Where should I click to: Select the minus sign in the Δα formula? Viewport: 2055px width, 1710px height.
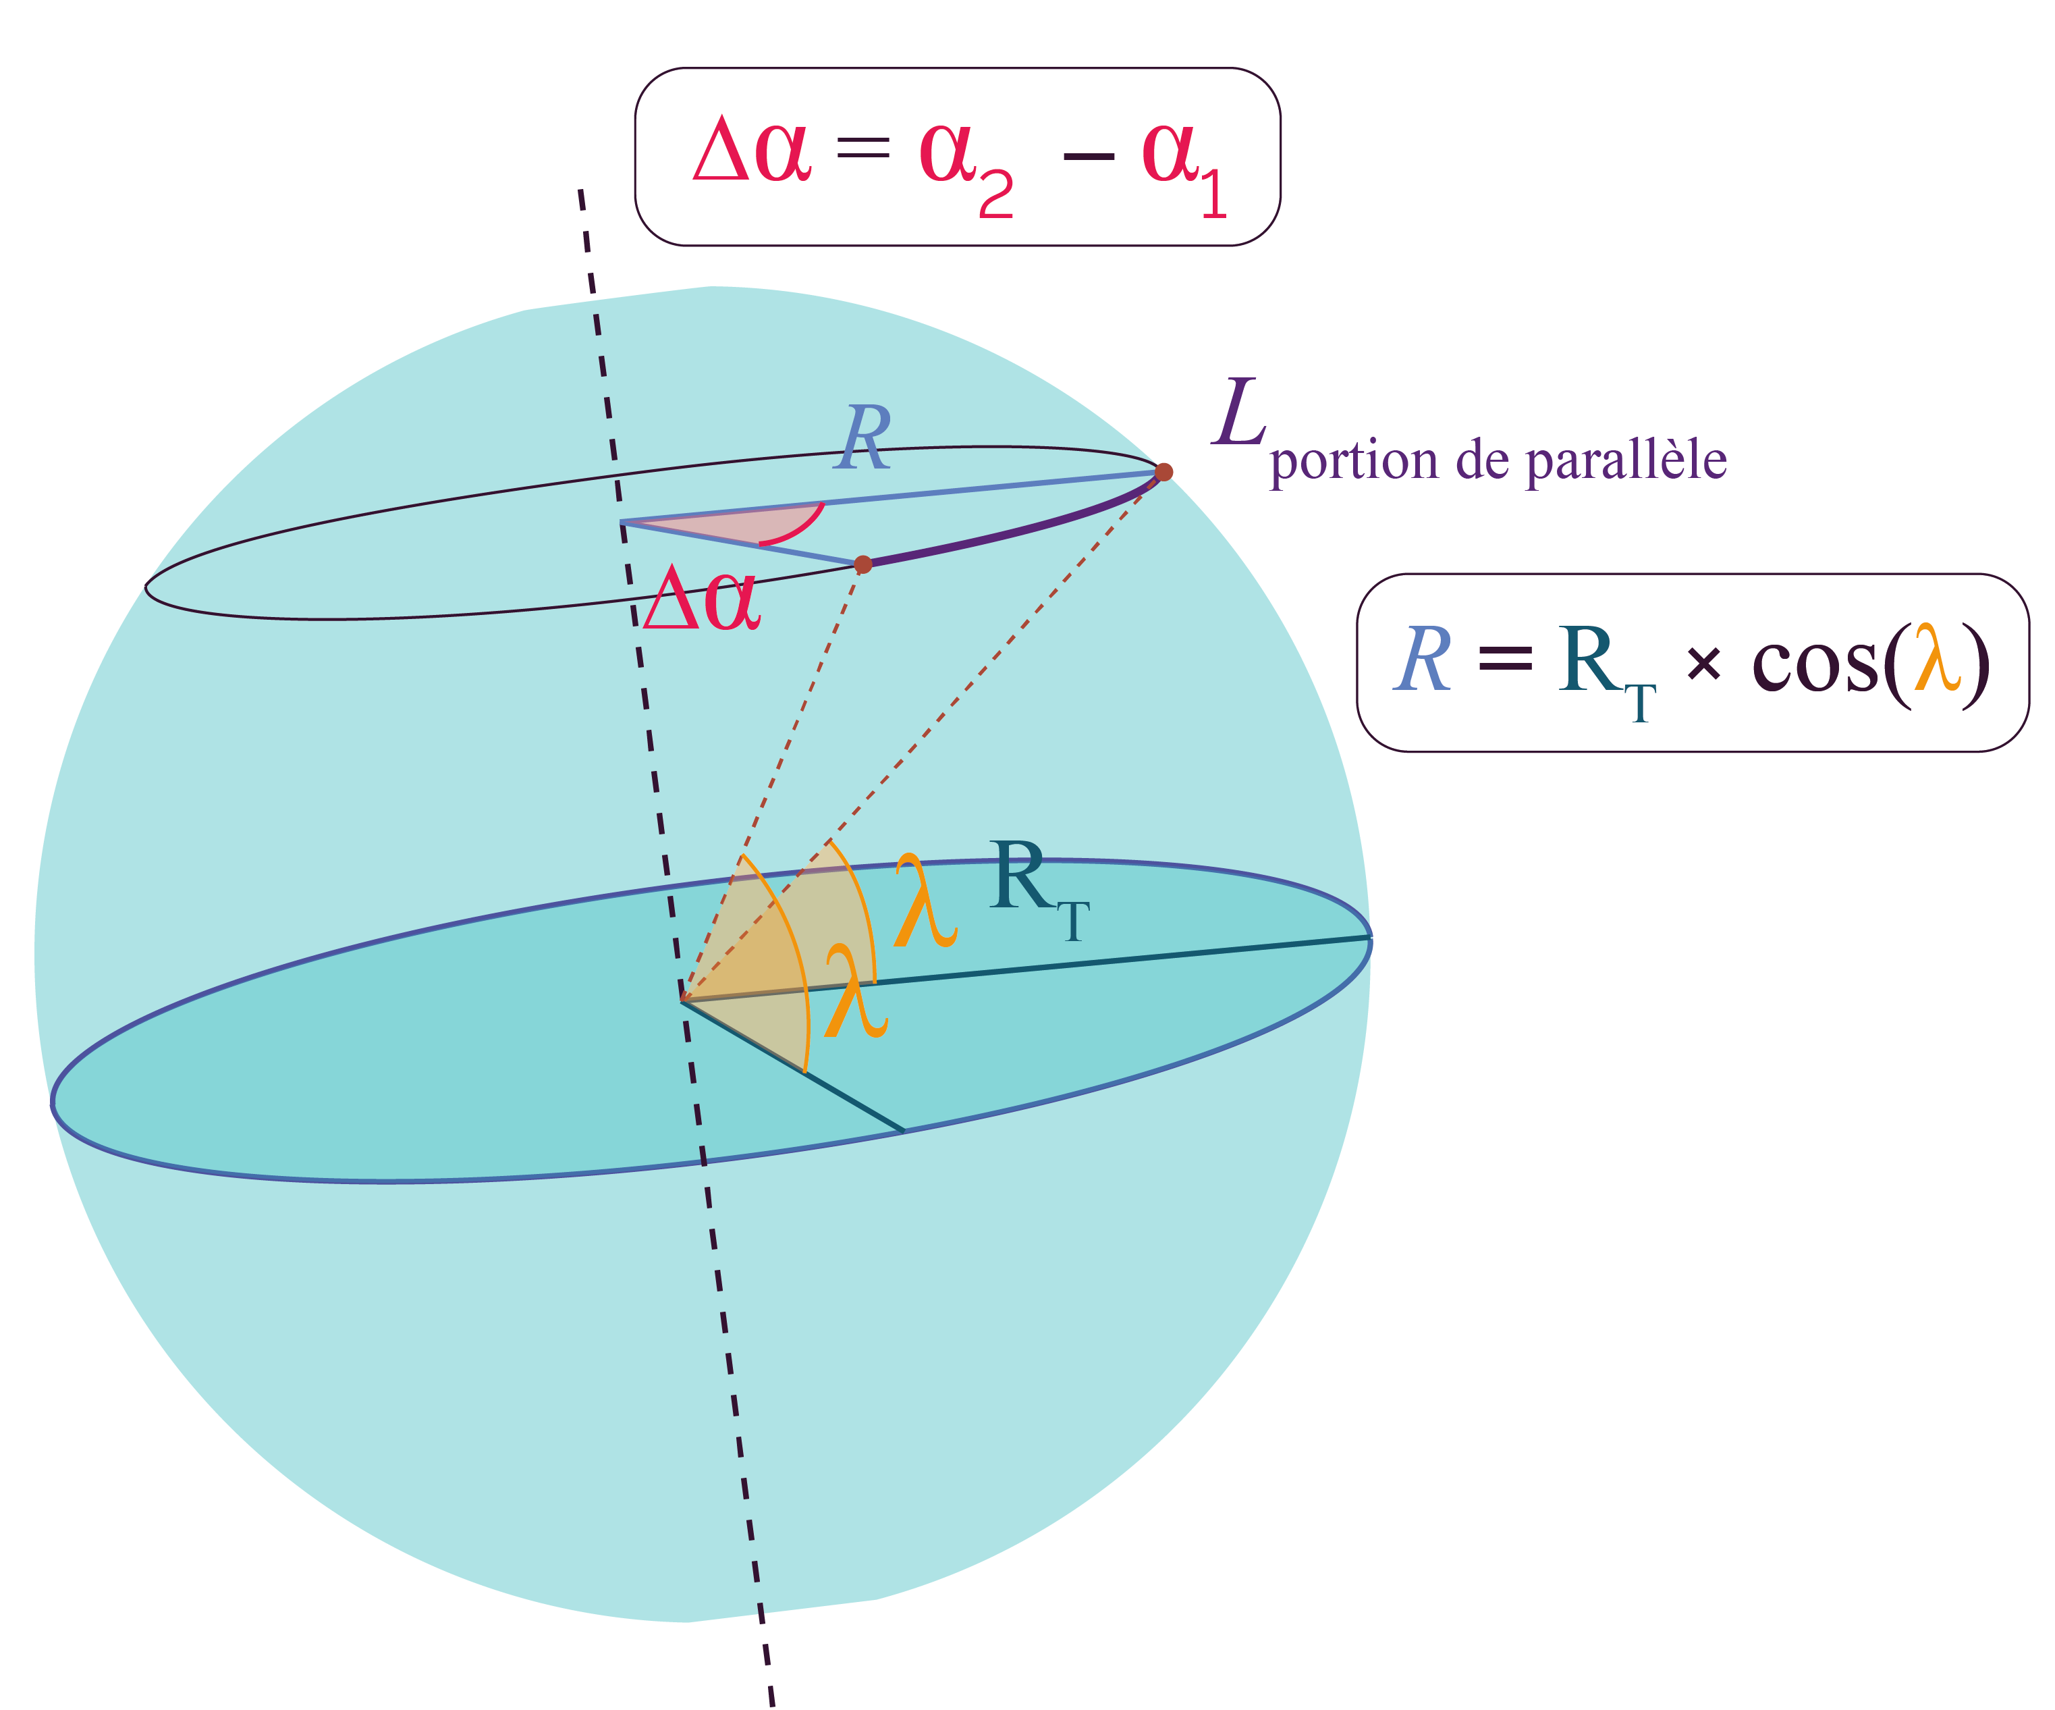tap(1088, 156)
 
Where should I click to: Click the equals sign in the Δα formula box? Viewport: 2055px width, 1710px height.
tap(863, 149)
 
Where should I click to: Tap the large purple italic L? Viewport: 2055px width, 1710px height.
tap(1239, 412)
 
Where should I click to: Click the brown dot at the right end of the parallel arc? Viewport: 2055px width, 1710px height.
tap(1163, 472)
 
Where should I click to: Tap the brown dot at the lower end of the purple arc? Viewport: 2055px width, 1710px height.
tap(862, 565)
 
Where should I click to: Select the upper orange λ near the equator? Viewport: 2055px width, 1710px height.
tap(925, 901)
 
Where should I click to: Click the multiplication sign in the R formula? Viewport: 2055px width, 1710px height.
tap(1703, 666)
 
